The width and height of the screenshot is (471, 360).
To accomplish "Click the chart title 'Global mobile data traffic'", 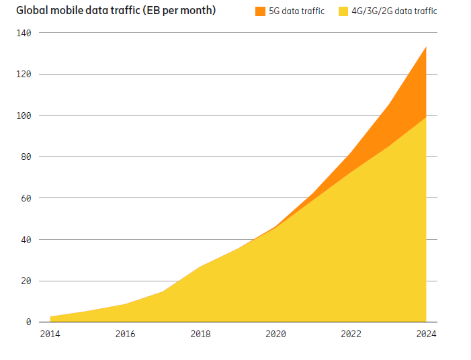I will [116, 11].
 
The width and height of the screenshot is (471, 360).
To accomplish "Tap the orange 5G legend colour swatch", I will [260, 11].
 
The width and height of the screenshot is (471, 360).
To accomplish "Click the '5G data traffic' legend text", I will [296, 11].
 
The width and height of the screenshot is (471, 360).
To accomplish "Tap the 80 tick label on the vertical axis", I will [26, 157].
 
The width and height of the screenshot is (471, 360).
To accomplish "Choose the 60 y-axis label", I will [26, 199].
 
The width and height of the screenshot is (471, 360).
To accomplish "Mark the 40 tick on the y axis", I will [26, 240].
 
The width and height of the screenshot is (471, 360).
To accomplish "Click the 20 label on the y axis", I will [26, 281].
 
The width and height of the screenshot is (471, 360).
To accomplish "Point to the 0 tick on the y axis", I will [29, 322].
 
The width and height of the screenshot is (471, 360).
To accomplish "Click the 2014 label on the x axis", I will [50, 334].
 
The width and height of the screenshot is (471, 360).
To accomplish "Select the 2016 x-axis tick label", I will [125, 334].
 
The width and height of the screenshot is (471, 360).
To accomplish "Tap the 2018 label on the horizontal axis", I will [200, 334].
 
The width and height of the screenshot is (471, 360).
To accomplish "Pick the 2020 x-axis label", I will [275, 334].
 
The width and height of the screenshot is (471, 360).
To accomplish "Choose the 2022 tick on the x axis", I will [351, 334].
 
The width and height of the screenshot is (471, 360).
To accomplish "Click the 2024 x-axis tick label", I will [426, 334].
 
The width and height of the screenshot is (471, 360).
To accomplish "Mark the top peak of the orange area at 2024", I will [426, 48].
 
